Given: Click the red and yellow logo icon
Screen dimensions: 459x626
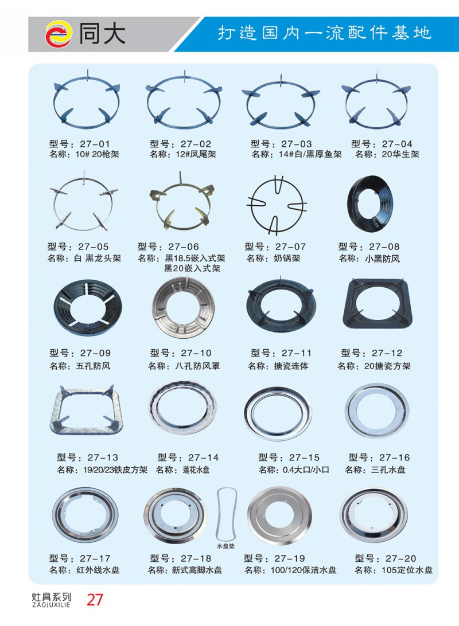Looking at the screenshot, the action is pos(59,34).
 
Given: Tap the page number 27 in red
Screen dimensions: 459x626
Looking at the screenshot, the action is pos(95,600).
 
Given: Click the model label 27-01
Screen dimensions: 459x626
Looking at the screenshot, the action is pos(95,144).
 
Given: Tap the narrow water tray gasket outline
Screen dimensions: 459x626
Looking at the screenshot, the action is pos(219,515).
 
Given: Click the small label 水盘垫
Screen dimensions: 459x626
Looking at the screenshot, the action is pos(226,546).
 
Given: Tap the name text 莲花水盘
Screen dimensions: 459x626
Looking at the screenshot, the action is pos(196,469).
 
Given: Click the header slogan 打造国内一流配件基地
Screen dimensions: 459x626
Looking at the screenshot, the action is pos(324,33).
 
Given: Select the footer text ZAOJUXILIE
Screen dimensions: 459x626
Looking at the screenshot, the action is pos(51,604).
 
